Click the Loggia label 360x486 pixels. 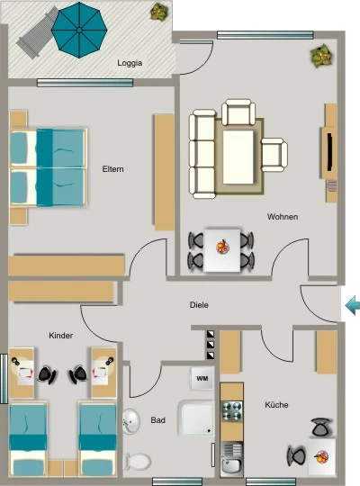[130, 63]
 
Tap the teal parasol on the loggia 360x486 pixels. [79, 30]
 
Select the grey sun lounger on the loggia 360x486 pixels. [37, 34]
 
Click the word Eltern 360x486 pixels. [112, 169]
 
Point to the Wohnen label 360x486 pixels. [283, 217]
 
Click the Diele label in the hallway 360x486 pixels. [199, 305]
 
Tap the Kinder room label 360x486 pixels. [61, 336]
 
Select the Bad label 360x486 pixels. [157, 420]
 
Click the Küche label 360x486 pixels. [276, 405]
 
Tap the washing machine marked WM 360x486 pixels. [202, 378]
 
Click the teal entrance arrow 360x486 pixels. [353, 305]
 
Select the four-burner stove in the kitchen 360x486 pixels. [232, 411]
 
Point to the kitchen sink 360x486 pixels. [231, 460]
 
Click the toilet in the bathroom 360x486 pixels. [137, 461]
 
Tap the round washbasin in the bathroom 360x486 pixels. [131, 421]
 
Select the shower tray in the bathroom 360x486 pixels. [196, 418]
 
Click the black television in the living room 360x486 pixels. [330, 152]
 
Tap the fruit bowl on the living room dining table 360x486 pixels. [222, 247]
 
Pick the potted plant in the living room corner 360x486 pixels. [322, 56]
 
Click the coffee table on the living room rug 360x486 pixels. [238, 157]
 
